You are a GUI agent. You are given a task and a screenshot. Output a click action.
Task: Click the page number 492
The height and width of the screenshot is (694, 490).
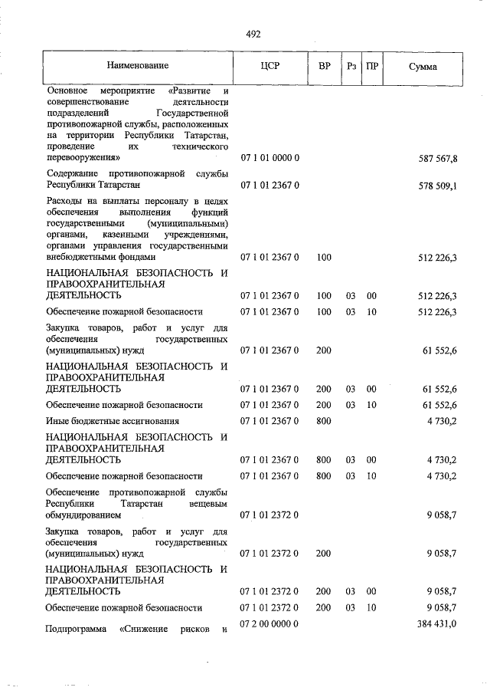click(x=253, y=34)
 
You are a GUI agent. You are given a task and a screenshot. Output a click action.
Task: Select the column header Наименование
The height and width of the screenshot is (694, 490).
click(x=138, y=67)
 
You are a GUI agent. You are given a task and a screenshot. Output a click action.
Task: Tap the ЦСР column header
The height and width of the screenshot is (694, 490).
click(x=270, y=67)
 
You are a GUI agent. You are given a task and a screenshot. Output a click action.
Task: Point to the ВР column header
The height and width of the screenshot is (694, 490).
click(x=324, y=67)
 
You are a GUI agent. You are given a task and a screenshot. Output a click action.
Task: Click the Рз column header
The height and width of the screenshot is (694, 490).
click(x=351, y=67)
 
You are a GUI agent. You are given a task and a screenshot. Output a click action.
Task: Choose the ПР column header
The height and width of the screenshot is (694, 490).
click(x=371, y=67)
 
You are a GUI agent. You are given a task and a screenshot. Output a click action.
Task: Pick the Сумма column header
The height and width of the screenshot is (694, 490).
click(x=423, y=67)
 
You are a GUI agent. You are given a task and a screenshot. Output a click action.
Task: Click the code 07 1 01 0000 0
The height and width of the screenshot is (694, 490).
click(x=269, y=158)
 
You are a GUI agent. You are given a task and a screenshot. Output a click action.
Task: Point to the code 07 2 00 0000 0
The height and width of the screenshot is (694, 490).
click(x=269, y=625)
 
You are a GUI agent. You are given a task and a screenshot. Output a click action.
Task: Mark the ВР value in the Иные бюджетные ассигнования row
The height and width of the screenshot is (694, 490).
click(x=324, y=421)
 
